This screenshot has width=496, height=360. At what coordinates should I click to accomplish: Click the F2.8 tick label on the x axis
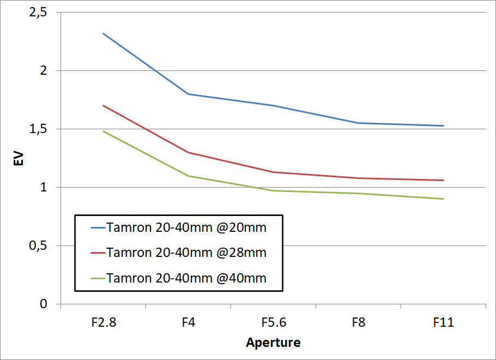pyautogui.click(x=104, y=322)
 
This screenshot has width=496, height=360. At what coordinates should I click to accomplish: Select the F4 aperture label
pyautogui.click(x=189, y=322)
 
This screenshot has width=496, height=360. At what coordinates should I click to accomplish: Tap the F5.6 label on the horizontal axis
pyautogui.click(x=274, y=322)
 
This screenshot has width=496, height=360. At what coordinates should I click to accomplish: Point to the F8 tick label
pyautogui.click(x=359, y=322)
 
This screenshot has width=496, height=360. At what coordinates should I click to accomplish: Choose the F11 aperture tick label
pyautogui.click(x=444, y=322)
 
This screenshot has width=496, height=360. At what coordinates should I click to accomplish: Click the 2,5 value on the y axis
pyautogui.click(x=38, y=13)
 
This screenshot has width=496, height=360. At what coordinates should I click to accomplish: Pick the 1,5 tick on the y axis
pyautogui.click(x=38, y=129)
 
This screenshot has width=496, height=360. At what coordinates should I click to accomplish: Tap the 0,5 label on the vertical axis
pyautogui.click(x=38, y=246)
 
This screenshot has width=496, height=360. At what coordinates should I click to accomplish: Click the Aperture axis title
pyautogui.click(x=273, y=343)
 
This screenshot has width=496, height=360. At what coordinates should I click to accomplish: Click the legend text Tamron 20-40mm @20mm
pyautogui.click(x=187, y=227)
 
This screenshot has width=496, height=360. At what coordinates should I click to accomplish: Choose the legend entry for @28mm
pyautogui.click(x=187, y=253)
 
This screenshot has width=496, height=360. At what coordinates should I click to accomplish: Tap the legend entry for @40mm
pyautogui.click(x=187, y=278)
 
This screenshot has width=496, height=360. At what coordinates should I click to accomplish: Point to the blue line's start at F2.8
pyautogui.click(x=104, y=33)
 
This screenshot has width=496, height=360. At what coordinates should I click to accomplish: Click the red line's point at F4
pyautogui.click(x=189, y=152)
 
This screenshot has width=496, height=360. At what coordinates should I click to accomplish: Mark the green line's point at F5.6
pyautogui.click(x=274, y=190)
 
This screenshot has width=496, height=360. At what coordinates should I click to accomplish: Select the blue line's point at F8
pyautogui.click(x=359, y=123)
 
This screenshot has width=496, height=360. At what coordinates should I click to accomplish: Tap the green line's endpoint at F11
pyautogui.click(x=444, y=199)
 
